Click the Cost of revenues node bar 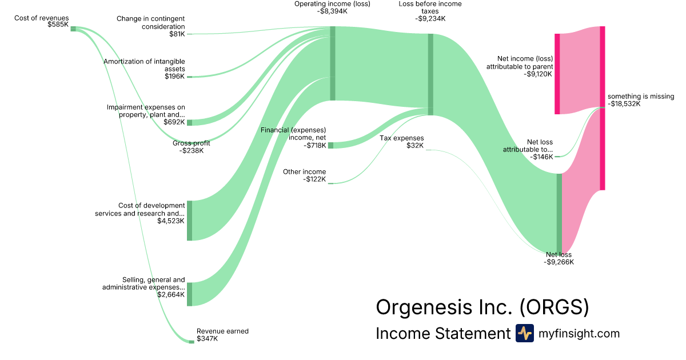tap(73, 29)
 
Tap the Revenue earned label tap(222, 331)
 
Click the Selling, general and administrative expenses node tap(189, 294)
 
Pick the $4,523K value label tap(171, 221)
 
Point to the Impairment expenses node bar tap(189, 122)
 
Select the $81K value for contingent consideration tap(177, 34)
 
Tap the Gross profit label tap(192, 143)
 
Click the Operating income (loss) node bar tap(332, 63)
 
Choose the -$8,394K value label tap(332, 11)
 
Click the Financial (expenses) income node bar tap(330, 145)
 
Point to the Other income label tap(305, 171)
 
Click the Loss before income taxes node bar tap(430, 74)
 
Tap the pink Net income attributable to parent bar tap(557, 74)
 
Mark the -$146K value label tap(541, 157)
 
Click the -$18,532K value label tap(624, 104)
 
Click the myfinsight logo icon tap(524, 333)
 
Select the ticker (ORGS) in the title tap(554, 307)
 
